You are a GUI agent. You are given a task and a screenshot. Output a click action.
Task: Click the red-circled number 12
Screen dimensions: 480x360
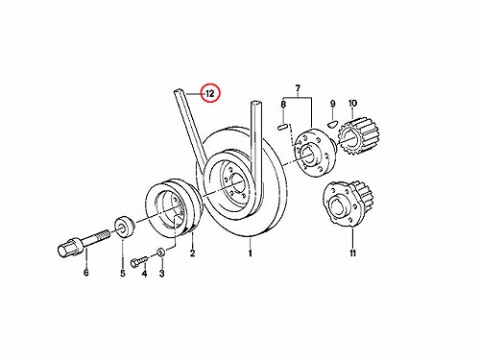(210, 93)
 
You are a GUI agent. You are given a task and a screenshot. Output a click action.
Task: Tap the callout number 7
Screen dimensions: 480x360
(298, 87)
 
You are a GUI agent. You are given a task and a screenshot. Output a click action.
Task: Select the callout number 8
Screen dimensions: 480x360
(283, 104)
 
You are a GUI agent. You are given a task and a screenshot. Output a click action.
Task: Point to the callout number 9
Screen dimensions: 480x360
(332, 104)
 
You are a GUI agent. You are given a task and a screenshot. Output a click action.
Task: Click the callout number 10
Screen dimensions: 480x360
(352, 103)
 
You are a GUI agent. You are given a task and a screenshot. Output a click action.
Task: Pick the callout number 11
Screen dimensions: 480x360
(352, 253)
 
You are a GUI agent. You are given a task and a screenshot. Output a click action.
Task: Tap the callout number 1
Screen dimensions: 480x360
(251, 253)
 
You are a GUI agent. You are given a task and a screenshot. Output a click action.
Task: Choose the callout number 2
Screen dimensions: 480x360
(192, 253)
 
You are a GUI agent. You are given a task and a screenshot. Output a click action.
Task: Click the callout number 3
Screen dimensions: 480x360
(162, 274)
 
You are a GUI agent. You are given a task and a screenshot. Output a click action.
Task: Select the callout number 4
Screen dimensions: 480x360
(144, 274)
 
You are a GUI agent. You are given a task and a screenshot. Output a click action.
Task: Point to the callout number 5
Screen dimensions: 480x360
(123, 274)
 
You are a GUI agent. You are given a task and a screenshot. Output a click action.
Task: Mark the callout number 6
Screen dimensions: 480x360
(85, 273)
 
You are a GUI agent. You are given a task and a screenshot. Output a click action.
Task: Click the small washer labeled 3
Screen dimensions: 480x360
(161, 252)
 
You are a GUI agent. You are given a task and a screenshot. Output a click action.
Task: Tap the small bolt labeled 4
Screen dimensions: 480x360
(139, 260)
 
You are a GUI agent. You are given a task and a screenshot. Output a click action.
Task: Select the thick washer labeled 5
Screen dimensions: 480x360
(124, 228)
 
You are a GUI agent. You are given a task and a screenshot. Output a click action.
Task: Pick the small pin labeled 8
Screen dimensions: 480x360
(281, 126)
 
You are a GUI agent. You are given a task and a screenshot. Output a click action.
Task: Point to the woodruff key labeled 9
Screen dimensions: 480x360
(333, 122)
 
